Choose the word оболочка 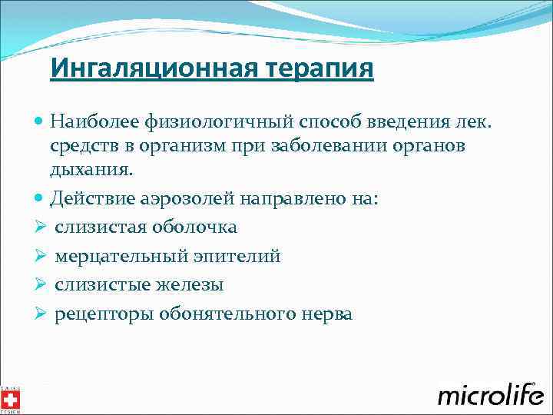pos(196,227)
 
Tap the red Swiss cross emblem pos(11,399)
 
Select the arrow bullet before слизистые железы pos(41,285)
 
